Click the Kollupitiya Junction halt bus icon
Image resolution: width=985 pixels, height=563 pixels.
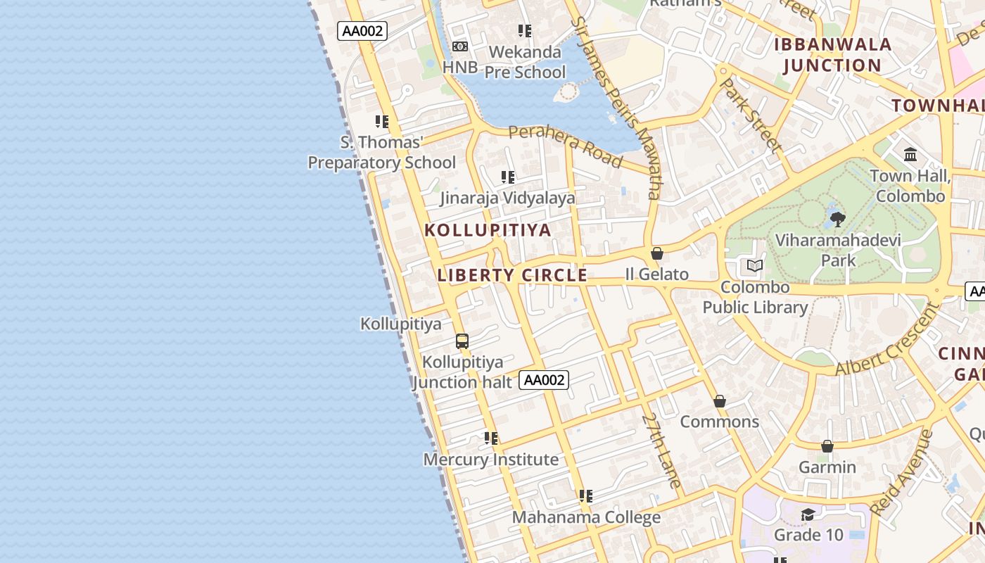(462, 341)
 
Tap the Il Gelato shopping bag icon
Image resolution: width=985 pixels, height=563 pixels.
(657, 253)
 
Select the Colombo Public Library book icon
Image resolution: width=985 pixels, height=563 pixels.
(755, 266)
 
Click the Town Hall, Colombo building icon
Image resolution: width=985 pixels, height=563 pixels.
(910, 154)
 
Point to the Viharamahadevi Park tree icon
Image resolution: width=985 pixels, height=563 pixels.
(837, 220)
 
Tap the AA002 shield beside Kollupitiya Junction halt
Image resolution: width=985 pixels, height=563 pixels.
(544, 380)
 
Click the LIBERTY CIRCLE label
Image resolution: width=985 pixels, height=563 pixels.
(512, 275)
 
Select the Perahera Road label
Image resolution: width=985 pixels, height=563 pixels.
(566, 146)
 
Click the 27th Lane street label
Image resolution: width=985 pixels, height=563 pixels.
(662, 450)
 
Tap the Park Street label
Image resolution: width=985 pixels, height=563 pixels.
(752, 115)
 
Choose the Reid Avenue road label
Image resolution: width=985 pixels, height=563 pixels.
(901, 472)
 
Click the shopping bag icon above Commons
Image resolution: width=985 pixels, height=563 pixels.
(720, 401)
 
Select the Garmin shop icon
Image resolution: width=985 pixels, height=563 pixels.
(827, 446)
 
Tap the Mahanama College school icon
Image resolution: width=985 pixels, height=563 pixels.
(585, 496)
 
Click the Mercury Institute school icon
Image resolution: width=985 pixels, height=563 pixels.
(491, 438)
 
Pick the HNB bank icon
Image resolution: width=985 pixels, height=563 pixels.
(460, 46)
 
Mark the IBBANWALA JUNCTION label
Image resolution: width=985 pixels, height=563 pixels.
(832, 55)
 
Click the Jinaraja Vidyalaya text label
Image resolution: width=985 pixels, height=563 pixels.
(507, 198)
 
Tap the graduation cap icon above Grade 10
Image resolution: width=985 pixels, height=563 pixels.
(808, 514)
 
